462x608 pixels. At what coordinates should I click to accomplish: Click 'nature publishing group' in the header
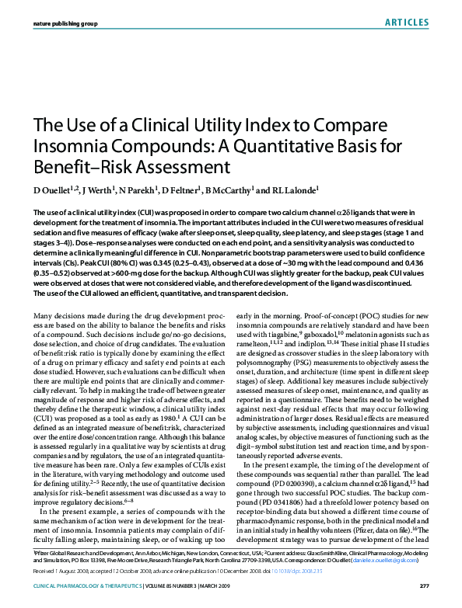coord(65,24)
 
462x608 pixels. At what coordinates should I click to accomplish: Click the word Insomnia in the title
coord(65,145)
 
